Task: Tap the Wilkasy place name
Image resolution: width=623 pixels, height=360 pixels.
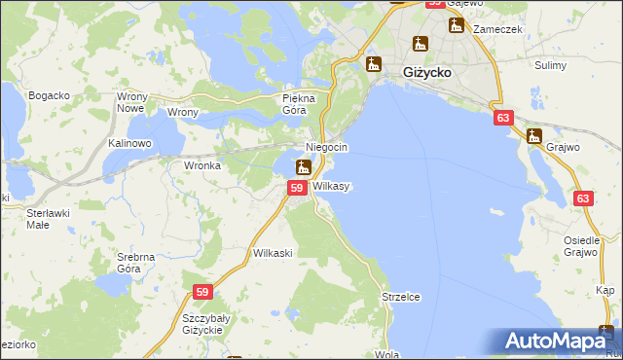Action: coord(332,185)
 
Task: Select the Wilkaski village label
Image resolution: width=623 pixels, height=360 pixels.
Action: coord(273,252)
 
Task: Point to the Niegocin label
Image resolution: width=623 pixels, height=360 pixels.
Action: coord(327,147)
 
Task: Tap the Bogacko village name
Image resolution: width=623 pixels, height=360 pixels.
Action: coord(49,95)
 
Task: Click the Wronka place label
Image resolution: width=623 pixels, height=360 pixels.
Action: coord(202,165)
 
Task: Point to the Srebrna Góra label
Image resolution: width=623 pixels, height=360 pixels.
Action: coord(136,262)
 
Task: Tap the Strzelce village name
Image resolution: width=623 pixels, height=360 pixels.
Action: coord(400,297)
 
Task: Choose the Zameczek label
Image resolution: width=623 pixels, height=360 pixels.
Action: coord(497,29)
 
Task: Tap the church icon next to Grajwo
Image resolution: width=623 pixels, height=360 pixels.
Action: coord(533,137)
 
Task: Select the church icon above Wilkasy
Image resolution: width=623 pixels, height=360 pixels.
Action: coord(304,167)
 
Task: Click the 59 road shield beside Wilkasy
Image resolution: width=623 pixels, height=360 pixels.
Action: coord(299,186)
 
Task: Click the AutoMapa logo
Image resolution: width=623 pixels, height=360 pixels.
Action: coord(562,341)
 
